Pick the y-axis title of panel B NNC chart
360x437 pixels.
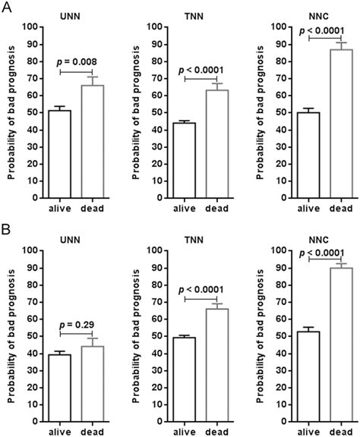[261, 334]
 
